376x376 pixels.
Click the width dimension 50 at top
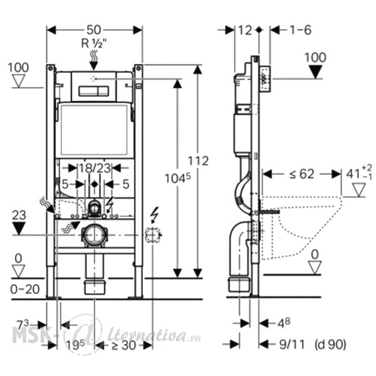click(94, 30)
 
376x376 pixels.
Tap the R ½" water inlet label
click(94, 44)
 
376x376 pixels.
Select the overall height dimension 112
click(198, 160)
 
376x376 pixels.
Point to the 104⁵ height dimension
click(178, 178)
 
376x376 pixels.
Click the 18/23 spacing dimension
click(95, 168)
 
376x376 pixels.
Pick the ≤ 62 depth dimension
click(301, 174)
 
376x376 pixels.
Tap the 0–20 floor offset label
click(25, 290)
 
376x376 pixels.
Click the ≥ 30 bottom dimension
click(123, 345)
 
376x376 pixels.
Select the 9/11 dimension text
click(292, 345)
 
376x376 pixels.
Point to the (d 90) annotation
click(330, 345)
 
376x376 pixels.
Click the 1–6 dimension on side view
click(301, 30)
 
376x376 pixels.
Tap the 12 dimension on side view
click(245, 30)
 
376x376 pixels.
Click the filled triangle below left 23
click(19, 229)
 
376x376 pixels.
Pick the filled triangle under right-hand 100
click(315, 72)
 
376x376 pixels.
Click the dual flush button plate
click(94, 91)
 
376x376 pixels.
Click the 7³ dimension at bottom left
click(23, 325)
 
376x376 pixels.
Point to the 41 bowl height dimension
click(359, 174)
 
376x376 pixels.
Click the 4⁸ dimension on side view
click(284, 323)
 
